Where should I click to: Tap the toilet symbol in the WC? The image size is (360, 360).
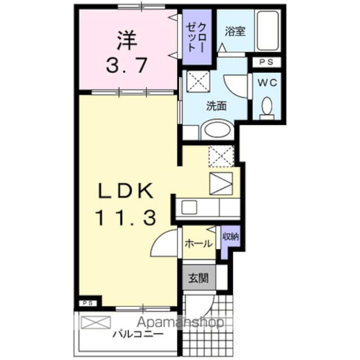click(268, 106)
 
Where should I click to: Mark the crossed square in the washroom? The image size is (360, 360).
click(196, 82)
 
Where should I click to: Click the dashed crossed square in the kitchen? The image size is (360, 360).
click(220, 156)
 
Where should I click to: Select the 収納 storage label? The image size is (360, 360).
click(229, 237)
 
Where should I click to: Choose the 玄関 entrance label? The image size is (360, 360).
click(197, 277)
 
